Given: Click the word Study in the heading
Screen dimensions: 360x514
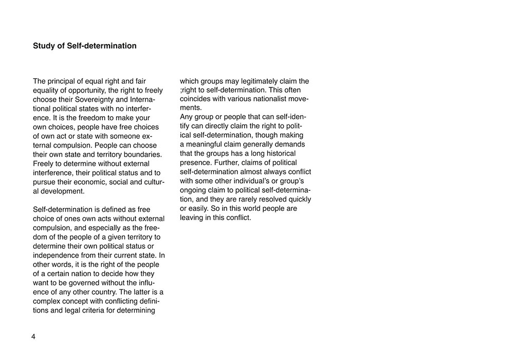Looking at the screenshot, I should coord(44,46).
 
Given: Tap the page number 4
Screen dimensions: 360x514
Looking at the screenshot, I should coord(33,337).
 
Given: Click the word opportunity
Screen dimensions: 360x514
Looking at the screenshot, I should coord(85,91).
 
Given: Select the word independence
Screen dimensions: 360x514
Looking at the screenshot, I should coord(57,256).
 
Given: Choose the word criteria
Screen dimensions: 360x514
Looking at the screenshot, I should coord(100,311).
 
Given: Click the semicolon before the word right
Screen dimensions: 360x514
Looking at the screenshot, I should coord(181,91).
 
